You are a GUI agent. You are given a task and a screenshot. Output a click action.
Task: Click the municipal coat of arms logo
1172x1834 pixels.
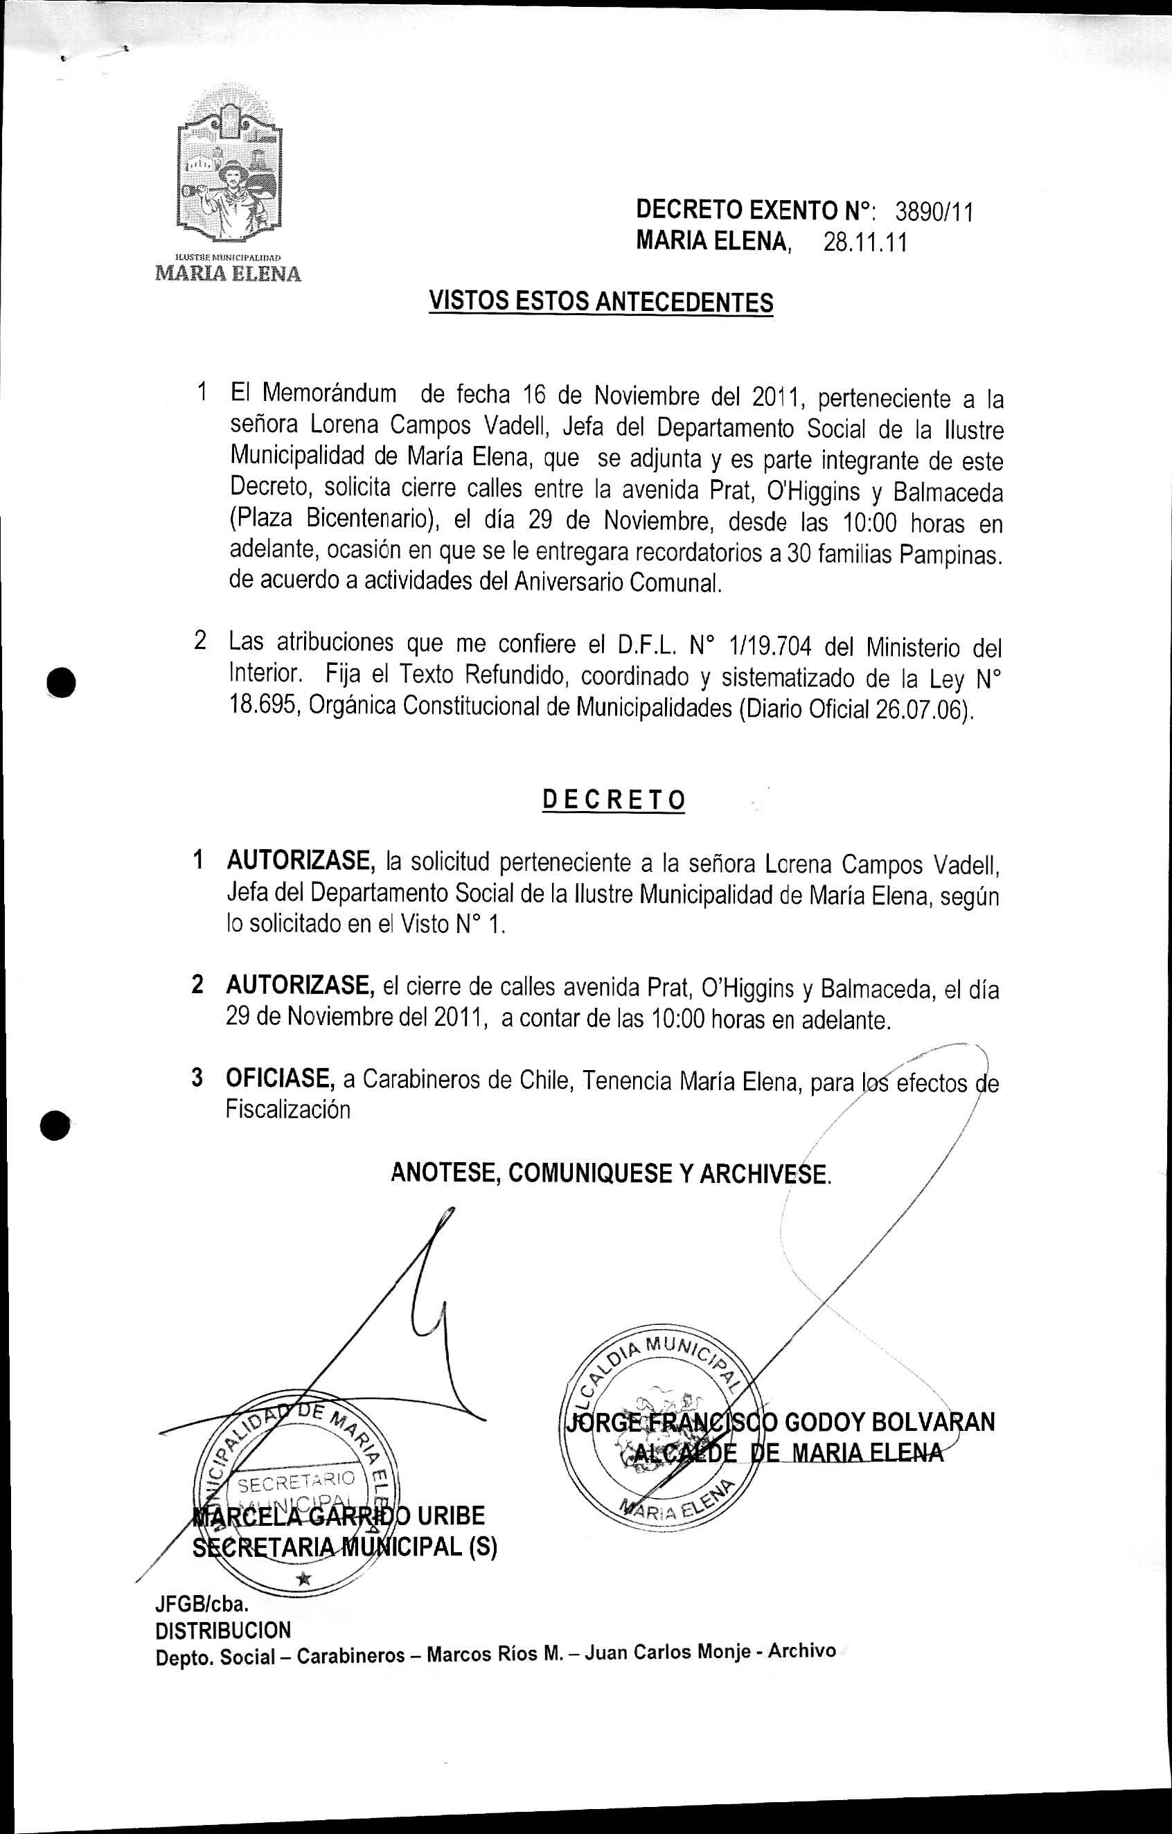click(x=229, y=174)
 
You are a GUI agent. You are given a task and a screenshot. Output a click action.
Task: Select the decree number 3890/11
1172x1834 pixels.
click(x=934, y=211)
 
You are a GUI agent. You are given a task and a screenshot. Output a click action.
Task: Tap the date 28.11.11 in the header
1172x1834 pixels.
click(x=865, y=243)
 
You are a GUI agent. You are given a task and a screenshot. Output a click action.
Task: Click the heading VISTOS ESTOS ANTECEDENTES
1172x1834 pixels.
click(x=601, y=301)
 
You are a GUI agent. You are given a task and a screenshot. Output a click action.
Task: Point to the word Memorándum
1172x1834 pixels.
click(x=329, y=394)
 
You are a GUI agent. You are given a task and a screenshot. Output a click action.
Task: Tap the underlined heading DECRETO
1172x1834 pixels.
click(x=614, y=801)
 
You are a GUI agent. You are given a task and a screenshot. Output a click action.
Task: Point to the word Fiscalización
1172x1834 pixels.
click(x=288, y=1109)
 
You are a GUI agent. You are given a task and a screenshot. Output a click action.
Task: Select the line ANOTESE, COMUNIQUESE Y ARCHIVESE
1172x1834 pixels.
click(x=611, y=1173)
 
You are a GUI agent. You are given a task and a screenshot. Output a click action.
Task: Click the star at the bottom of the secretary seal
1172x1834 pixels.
click(x=304, y=1577)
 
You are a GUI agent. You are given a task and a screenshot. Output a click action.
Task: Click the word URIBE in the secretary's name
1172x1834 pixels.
click(x=451, y=1515)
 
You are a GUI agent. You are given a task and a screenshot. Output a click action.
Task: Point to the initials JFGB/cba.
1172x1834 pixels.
click(x=202, y=1604)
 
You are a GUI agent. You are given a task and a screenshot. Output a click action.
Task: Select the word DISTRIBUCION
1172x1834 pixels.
click(x=223, y=1630)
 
